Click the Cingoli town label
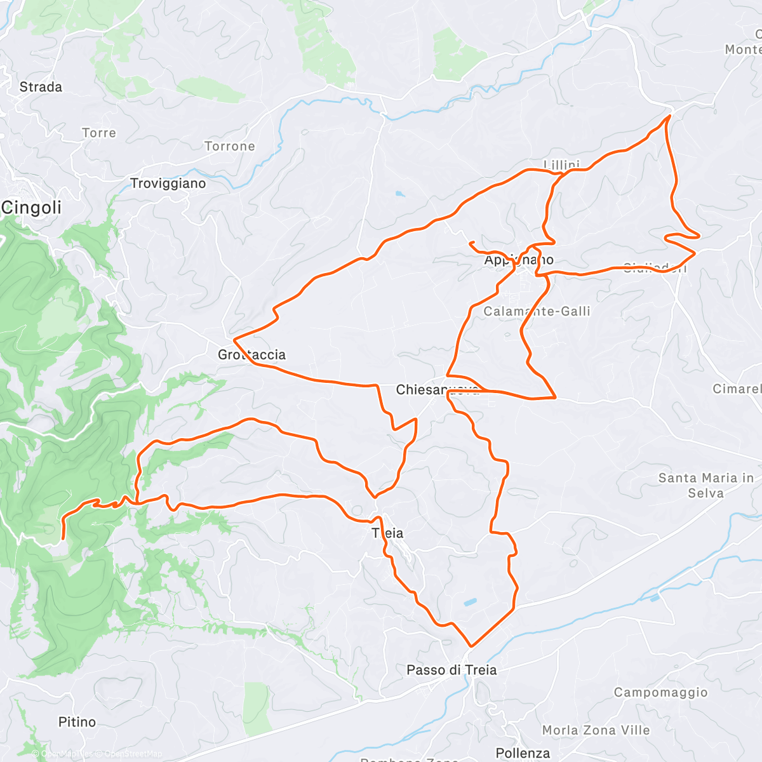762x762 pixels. click(32, 208)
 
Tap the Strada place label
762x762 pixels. click(41, 87)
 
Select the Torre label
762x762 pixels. click(99, 133)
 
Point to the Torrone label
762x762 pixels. click(230, 146)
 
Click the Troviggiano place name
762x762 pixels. click(168, 184)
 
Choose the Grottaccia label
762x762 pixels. click(251, 355)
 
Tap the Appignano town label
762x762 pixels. click(519, 260)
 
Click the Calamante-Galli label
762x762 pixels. click(537, 311)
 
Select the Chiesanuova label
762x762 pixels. click(438, 390)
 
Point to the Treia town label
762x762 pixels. click(388, 533)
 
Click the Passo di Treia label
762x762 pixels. click(451, 670)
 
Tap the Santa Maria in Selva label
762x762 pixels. click(706, 485)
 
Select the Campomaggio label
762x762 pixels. click(660, 692)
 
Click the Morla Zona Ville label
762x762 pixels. click(596, 730)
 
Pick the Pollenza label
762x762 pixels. click(523, 753)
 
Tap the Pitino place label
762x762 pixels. click(77, 722)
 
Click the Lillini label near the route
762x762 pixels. click(561, 165)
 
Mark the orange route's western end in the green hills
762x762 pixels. click(62, 539)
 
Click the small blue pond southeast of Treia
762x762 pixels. click(470, 602)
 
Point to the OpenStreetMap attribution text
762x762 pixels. click(133, 754)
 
